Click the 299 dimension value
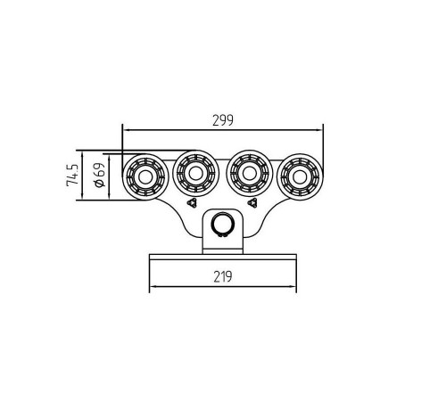(x=223, y=120)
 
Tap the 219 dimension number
(x=223, y=277)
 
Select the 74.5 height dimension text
(x=72, y=176)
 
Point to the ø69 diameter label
(x=100, y=175)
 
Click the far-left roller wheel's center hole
(x=145, y=177)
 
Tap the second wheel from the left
(x=196, y=174)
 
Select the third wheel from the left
(x=250, y=174)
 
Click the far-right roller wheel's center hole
(x=300, y=177)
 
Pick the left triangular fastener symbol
(x=192, y=203)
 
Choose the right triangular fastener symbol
(x=252, y=203)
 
